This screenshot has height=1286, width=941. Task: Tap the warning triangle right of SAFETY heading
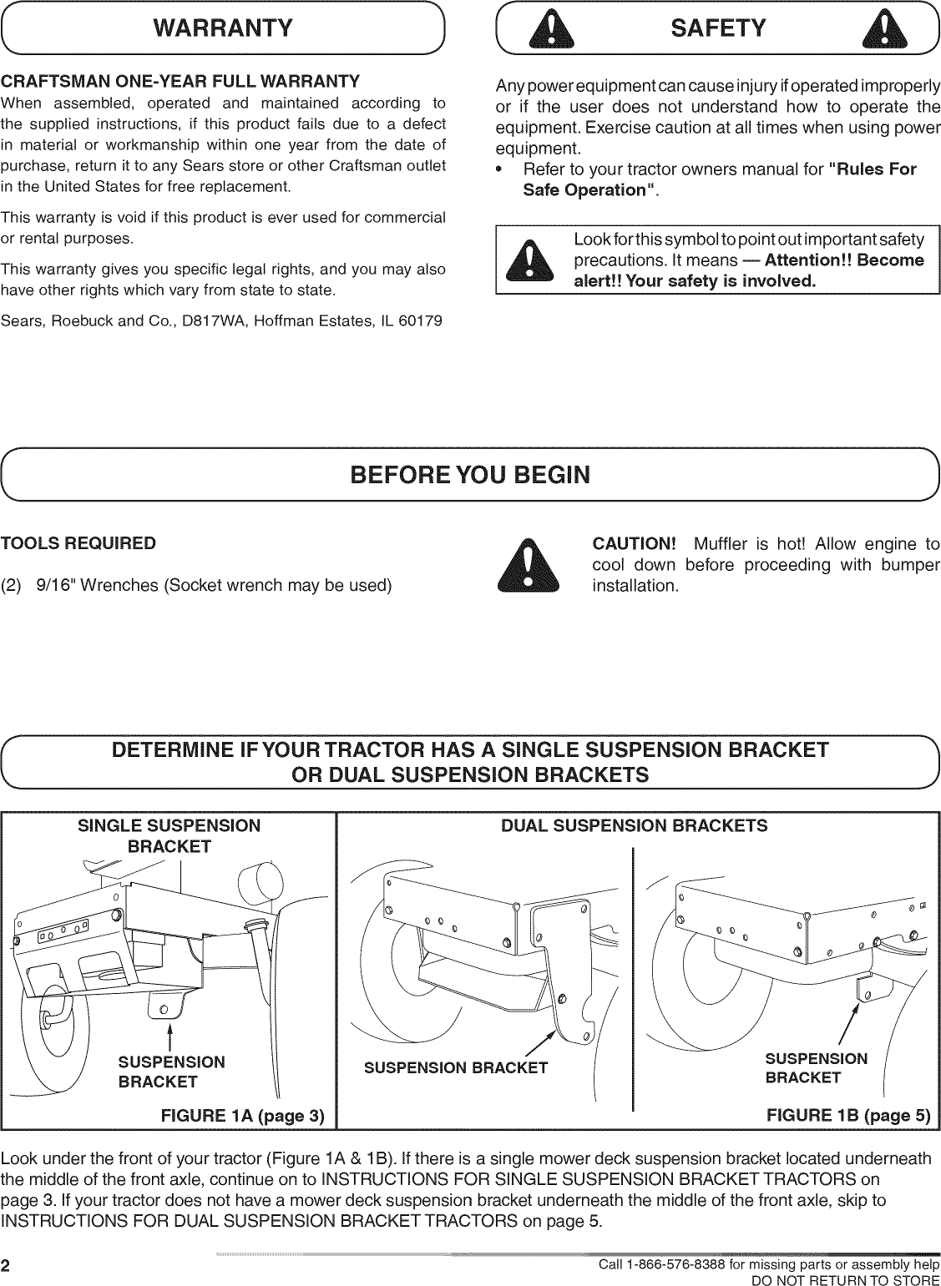[886, 30]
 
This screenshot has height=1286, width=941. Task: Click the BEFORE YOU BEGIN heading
[470, 476]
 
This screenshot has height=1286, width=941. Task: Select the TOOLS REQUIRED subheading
[78, 544]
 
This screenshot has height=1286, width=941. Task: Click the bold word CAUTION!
[633, 545]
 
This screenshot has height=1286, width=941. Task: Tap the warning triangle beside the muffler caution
[528, 565]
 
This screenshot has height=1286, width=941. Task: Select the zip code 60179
[421, 320]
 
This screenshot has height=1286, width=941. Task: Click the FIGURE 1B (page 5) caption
[847, 1117]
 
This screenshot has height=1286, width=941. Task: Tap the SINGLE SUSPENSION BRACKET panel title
[169, 836]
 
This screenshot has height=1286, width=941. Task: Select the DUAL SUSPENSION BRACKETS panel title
[634, 826]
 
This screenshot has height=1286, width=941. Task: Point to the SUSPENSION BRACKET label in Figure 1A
[171, 1072]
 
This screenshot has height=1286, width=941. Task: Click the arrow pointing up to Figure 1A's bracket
[169, 1032]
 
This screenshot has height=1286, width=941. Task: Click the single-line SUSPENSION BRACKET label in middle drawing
[456, 1067]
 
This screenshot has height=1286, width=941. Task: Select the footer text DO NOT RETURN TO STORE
[846, 1279]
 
